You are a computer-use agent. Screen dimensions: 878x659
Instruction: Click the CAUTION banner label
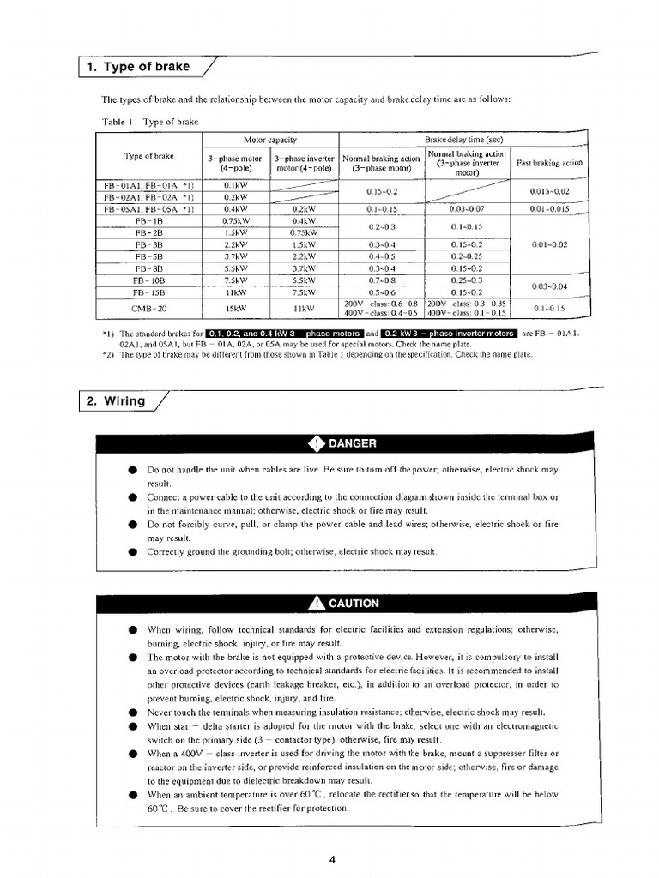point(353,603)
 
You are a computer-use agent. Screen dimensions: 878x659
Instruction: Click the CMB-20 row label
point(149,308)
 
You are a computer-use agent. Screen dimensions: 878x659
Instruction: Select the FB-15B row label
point(149,292)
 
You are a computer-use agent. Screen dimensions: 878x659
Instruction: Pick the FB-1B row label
point(149,219)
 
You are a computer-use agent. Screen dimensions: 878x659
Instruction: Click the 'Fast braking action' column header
point(549,162)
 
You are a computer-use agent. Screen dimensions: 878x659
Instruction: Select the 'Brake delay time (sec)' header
point(463,139)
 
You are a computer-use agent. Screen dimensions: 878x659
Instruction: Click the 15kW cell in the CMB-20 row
point(235,308)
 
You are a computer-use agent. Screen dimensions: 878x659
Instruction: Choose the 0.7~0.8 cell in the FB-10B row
point(381,280)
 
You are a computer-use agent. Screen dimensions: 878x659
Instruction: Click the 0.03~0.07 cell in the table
point(467,208)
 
